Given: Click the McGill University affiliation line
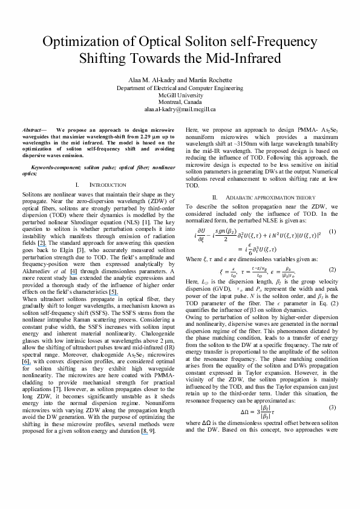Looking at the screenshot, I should pos(180,95).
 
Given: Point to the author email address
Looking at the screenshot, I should pos(180,109).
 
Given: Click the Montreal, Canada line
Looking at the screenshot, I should pos(180,102).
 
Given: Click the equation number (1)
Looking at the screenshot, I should pos(333,232).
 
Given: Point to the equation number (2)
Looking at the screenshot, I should pos(333,269).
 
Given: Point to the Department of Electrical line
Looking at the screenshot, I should pos(180,88).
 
